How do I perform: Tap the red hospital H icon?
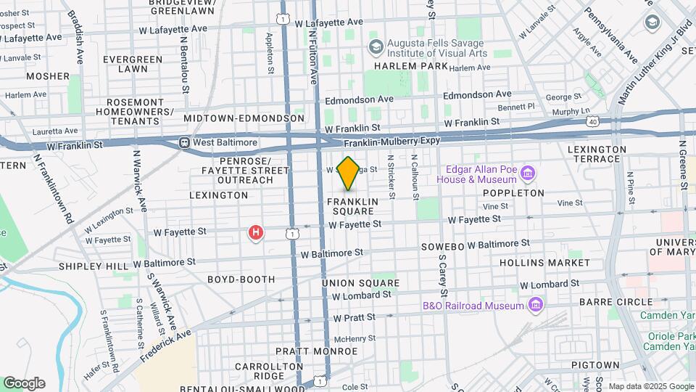pyautogui.click(x=255, y=232)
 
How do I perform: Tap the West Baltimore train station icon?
pyautogui.click(x=186, y=143)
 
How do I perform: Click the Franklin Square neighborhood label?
pyautogui.click(x=352, y=205)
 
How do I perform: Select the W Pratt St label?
pyautogui.click(x=354, y=318)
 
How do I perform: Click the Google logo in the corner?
pyautogui.click(x=24, y=383)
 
